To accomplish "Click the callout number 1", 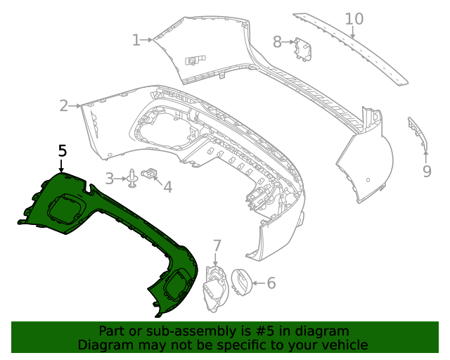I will tap(136, 40).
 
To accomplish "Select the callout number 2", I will tap(64, 106).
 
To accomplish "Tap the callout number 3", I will tap(110, 179).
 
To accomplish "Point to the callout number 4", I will tap(167, 186).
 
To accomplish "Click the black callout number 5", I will tap(63, 150).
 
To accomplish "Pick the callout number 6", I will tap(271, 283).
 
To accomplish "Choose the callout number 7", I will tap(217, 245).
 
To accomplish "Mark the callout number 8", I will tap(277, 42).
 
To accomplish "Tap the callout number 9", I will tap(427, 171).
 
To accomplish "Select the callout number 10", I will tap(354, 19).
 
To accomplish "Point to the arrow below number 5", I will tap(62, 166).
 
